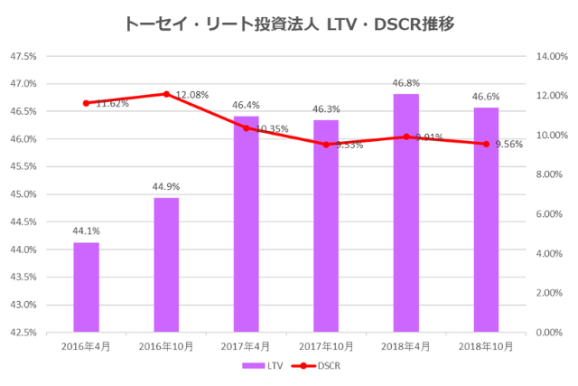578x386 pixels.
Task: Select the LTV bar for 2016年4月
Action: click(87, 287)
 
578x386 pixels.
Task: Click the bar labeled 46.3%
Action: click(326, 226)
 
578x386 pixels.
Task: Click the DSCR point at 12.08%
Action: click(166, 94)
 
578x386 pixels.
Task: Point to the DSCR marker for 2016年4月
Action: click(87, 103)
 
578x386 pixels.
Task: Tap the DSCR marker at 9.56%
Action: click(486, 144)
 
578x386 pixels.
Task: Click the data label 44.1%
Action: click(87, 231)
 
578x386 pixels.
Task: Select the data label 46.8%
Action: click(406, 83)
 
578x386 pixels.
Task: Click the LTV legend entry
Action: click(256, 366)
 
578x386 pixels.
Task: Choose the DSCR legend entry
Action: click(318, 366)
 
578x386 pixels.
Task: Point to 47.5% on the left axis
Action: click(23, 56)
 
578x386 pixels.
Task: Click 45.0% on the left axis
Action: click(23, 194)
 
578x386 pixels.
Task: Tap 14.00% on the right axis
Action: click(550, 56)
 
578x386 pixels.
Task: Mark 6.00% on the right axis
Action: click(550, 214)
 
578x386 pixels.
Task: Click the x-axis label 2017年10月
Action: click(326, 346)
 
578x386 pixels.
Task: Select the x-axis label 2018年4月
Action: click(406, 346)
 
